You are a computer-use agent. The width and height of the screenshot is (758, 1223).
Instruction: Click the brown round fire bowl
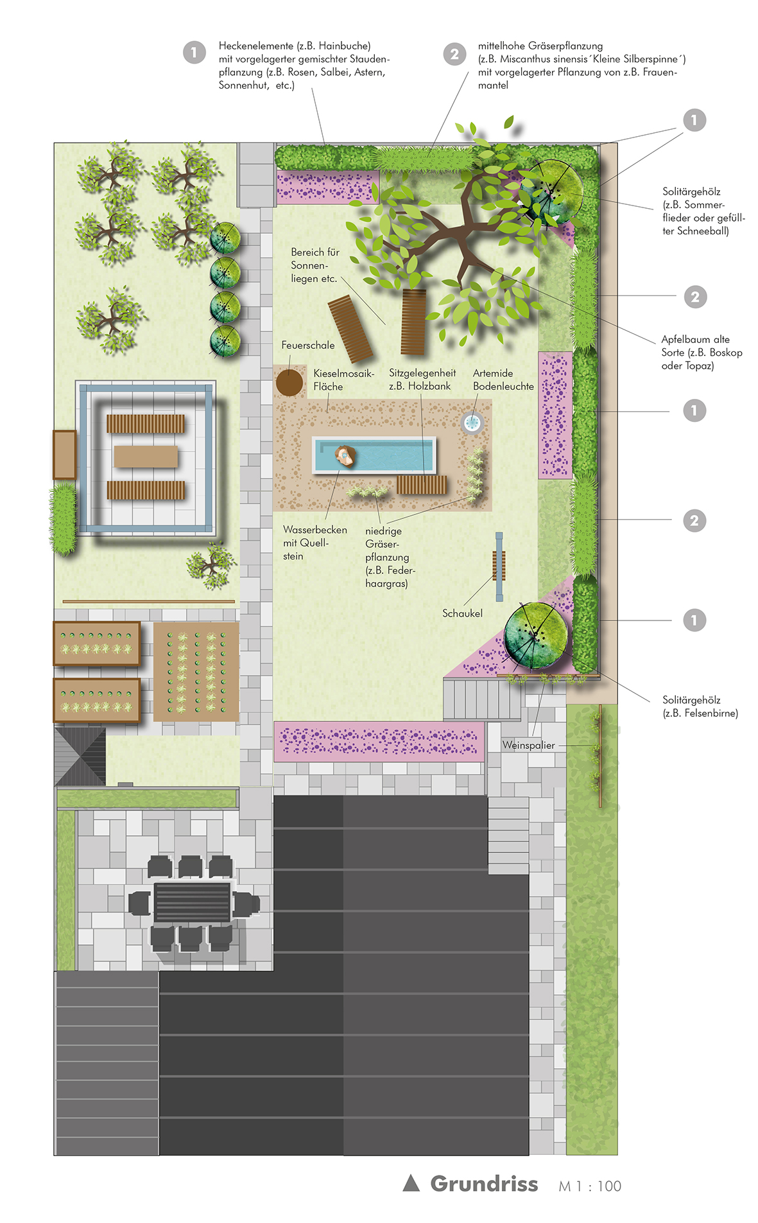tap(289, 383)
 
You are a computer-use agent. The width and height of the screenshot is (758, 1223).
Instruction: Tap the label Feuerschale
tap(308, 346)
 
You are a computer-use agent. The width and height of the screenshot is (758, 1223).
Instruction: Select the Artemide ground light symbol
tap(472, 423)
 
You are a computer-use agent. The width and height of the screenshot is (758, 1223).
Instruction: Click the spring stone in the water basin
tap(345, 455)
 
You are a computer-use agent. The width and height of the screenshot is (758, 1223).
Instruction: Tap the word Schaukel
tap(462, 613)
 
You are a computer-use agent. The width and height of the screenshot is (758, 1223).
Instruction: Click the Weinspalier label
tap(528, 745)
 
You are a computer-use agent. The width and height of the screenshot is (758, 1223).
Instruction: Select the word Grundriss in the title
tap(484, 1183)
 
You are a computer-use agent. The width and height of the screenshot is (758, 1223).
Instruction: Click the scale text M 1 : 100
tap(590, 1186)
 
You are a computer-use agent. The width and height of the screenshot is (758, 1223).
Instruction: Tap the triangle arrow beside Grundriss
tap(411, 1183)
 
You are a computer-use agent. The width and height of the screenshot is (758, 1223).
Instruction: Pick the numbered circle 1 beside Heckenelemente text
tap(194, 52)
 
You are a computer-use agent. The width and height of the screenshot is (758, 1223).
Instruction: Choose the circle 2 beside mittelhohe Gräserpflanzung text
tap(454, 54)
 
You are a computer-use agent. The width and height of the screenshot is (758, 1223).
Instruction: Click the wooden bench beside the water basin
tap(421, 484)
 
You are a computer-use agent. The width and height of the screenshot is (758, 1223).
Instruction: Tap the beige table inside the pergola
tap(146, 456)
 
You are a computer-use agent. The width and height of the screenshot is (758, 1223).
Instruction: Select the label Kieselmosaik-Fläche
tap(343, 380)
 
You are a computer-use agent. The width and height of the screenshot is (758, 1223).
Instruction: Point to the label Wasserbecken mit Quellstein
tap(314, 543)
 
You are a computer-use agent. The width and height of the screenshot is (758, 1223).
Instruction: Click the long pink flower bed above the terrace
tap(379, 741)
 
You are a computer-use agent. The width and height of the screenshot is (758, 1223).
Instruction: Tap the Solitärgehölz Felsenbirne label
tap(700, 707)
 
